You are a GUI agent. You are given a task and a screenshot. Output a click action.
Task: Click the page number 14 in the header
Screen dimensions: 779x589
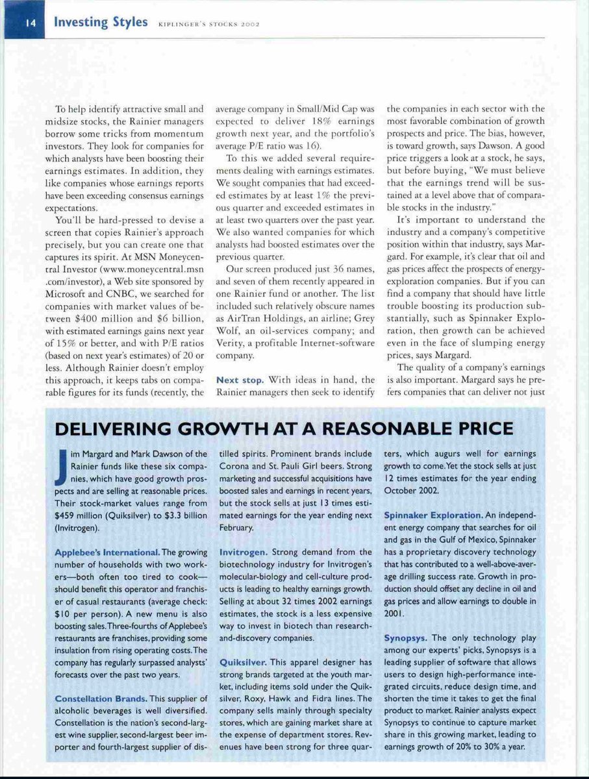pyautogui.click(x=30, y=23)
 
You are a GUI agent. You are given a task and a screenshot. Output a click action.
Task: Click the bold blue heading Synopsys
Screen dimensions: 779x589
pyautogui.click(x=406, y=637)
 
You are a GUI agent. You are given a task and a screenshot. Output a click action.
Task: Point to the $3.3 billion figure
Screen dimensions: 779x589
pyautogui.click(x=179, y=515)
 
